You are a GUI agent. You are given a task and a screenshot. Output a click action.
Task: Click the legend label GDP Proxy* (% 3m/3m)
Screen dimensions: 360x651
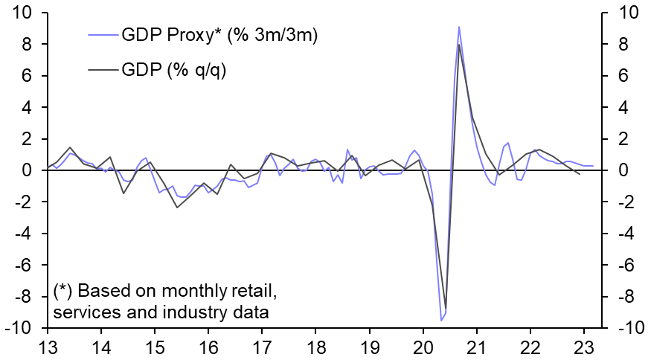221,35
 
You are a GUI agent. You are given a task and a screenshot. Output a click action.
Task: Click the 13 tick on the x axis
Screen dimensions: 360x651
47,347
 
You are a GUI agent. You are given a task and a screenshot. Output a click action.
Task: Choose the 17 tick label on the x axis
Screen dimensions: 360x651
262,347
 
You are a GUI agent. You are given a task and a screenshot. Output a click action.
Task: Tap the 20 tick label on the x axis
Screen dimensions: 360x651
423,347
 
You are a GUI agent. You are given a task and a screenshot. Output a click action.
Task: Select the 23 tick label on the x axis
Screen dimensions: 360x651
585,347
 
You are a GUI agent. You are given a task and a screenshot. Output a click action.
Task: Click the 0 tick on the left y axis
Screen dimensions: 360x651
29,171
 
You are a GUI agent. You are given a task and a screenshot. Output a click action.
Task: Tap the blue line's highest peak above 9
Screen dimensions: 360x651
459,27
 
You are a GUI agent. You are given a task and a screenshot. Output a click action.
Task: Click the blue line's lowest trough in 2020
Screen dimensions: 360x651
441,320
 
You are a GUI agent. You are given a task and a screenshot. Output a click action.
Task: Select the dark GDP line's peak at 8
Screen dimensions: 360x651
459,45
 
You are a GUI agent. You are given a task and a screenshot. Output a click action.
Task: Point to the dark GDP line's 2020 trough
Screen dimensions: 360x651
446,307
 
